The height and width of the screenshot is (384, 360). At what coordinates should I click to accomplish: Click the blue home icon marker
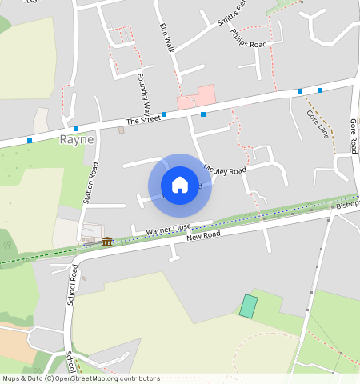point(180,185)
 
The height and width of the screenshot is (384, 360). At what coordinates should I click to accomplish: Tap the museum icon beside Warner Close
point(107,242)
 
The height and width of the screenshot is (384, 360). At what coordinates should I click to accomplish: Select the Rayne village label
point(77,139)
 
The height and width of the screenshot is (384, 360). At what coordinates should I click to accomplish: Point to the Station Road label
point(93,182)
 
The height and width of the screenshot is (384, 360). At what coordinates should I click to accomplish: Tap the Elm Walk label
point(166,37)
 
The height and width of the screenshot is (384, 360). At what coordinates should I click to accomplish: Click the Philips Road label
point(248,38)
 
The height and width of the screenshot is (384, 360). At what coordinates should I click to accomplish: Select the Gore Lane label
point(318,123)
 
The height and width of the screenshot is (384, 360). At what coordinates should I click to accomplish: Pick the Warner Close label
point(168,230)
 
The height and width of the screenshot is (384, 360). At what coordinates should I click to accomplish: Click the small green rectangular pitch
point(250,306)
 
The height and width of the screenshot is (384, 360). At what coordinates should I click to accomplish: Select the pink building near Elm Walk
point(197,97)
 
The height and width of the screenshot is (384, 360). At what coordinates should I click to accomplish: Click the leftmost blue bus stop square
point(30,141)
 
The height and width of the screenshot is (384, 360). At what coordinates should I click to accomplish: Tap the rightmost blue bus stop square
point(319,90)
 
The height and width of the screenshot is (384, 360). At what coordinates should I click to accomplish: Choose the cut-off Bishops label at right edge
point(348,205)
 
